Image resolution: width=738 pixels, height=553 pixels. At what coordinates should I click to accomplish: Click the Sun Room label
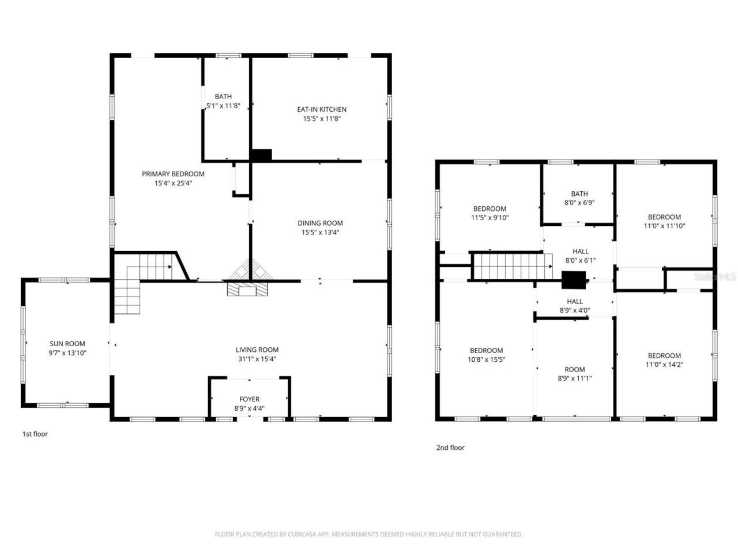pyautogui.click(x=67, y=344)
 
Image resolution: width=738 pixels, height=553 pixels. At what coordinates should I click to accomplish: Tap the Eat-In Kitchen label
pyautogui.click(x=322, y=109)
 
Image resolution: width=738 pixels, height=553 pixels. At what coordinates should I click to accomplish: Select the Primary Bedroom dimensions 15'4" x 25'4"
pyautogui.click(x=173, y=183)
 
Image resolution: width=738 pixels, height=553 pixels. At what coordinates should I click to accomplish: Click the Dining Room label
pyautogui.click(x=320, y=224)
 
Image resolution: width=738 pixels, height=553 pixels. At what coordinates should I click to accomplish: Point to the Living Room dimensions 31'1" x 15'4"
pyautogui.click(x=257, y=359)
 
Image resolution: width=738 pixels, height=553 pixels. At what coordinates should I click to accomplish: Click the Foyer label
pyautogui.click(x=250, y=399)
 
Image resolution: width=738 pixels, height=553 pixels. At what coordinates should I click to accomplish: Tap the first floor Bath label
pyautogui.click(x=223, y=97)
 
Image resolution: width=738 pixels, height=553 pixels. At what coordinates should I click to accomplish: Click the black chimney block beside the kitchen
pyautogui.click(x=261, y=155)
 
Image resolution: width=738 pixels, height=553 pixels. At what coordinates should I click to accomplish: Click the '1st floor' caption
pyautogui.click(x=35, y=434)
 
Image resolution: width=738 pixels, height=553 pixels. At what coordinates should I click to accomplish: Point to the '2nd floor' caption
pyautogui.click(x=450, y=448)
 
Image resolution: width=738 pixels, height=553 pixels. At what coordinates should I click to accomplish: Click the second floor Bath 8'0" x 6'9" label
pyautogui.click(x=579, y=199)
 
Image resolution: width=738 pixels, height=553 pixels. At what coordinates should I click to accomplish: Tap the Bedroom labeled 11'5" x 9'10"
pyautogui.click(x=490, y=213)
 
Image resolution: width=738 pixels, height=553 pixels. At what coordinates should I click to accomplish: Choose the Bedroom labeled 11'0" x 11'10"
pyautogui.click(x=664, y=222)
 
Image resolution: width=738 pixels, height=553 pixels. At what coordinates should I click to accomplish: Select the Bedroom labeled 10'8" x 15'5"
pyautogui.click(x=486, y=355)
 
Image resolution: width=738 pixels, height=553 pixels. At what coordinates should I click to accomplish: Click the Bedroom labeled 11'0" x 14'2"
pyautogui.click(x=664, y=360)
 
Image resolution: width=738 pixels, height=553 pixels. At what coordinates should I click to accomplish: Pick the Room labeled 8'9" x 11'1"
pyautogui.click(x=574, y=374)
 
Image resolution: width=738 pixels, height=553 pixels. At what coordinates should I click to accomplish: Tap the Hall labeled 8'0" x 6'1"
pyautogui.click(x=581, y=256)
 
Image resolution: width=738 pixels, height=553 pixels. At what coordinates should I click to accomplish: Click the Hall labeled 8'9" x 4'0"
pyautogui.click(x=574, y=306)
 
